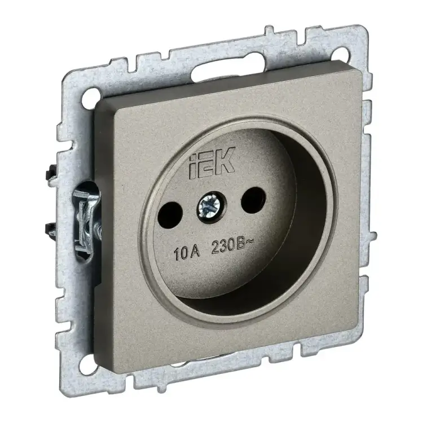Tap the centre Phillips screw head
point(208,205)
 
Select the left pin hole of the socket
point(170,215)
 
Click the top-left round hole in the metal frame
point(90,95)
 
